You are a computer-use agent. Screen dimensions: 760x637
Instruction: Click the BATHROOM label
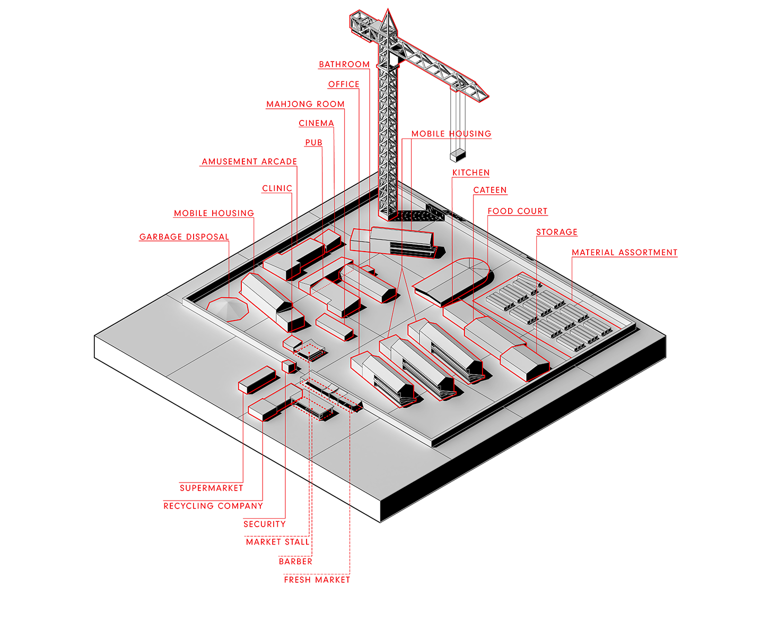[344, 65]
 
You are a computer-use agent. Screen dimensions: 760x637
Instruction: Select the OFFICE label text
[344, 84]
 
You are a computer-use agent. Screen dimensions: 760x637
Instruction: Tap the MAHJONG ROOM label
[305, 104]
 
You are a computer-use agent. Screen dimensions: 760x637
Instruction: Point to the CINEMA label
[316, 124]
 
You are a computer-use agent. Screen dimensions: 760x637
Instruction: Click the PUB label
[314, 142]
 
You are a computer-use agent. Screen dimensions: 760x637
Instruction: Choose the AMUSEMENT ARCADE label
[249, 162]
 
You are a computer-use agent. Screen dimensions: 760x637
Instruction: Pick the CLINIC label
[277, 188]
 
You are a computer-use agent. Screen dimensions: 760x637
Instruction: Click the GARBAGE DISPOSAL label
[184, 237]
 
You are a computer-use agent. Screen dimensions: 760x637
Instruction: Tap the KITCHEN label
[470, 173]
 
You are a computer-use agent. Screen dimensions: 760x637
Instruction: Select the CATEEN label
[490, 190]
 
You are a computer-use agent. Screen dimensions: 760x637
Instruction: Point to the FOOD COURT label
[517, 211]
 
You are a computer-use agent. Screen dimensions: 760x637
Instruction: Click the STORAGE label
[556, 232]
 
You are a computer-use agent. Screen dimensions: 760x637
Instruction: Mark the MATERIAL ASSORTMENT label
[624, 253]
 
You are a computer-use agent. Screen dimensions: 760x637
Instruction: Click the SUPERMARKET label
[211, 488]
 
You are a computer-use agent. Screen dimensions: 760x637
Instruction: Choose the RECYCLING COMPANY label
[213, 506]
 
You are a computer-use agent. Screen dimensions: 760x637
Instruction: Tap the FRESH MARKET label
[317, 580]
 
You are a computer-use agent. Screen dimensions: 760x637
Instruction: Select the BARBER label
[295, 562]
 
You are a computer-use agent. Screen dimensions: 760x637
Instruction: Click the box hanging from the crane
[458, 155]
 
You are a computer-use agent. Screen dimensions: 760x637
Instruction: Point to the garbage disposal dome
[228, 309]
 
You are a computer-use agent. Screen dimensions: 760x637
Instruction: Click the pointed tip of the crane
[388, 8]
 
